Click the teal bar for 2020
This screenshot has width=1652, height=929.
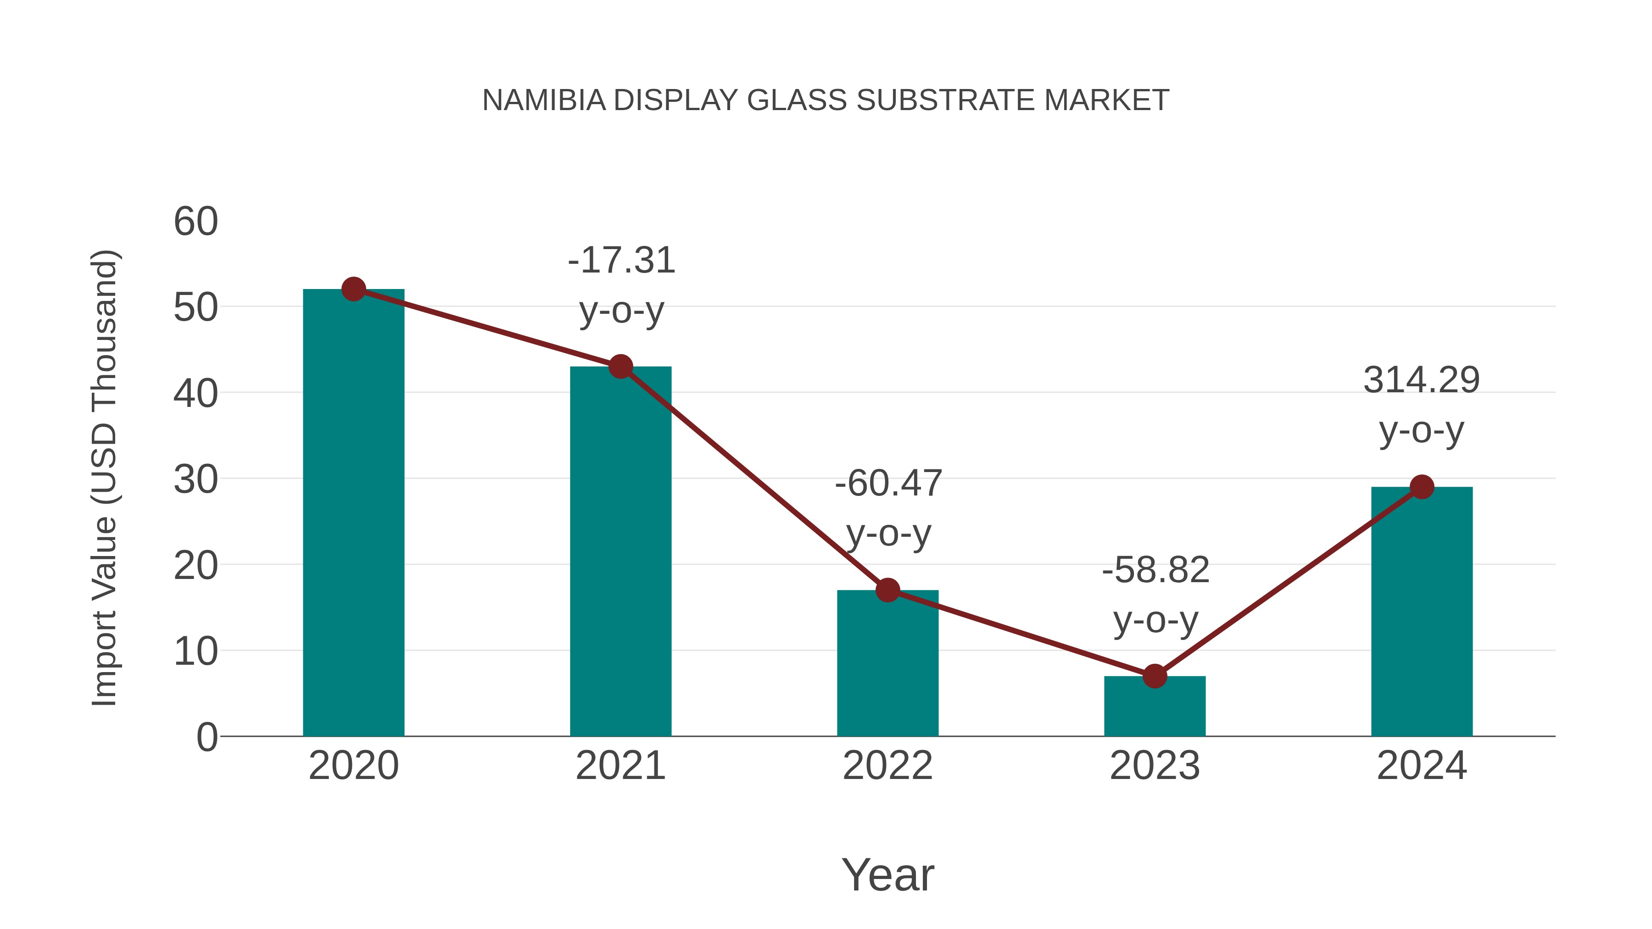[353, 513]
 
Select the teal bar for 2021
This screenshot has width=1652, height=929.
[620, 551]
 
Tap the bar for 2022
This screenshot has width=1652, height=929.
[887, 663]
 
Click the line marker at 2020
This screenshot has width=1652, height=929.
[353, 289]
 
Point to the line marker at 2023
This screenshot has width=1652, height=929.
[1155, 676]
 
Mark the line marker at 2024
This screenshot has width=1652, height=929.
[1422, 487]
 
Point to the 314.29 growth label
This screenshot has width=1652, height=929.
[1421, 405]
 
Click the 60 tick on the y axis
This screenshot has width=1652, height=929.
[195, 222]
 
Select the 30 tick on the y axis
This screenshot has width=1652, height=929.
[195, 479]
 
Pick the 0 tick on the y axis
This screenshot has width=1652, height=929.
[206, 737]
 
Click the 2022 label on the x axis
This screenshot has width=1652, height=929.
[887, 766]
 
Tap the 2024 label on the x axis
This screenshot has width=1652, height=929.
[1422, 766]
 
